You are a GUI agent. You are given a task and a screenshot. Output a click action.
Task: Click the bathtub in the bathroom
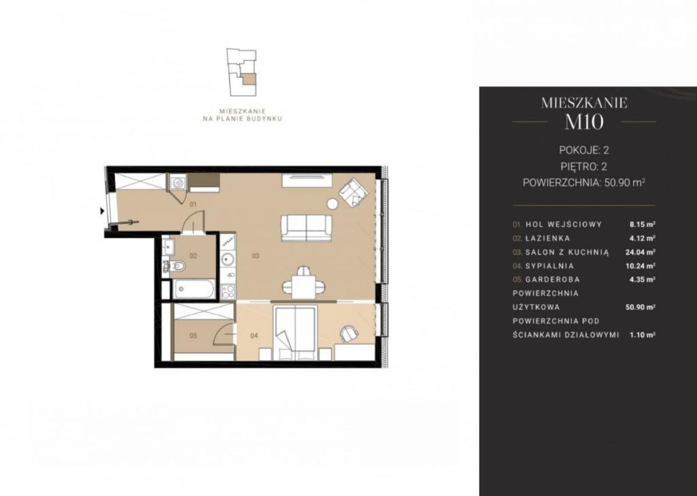click(x=194, y=289)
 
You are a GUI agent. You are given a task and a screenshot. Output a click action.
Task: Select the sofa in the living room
click(x=307, y=228)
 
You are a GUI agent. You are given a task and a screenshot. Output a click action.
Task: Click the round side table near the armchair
click(x=333, y=203)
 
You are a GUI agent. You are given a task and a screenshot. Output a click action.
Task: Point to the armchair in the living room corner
click(x=354, y=193)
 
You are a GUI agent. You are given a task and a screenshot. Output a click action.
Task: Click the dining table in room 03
click(x=304, y=285)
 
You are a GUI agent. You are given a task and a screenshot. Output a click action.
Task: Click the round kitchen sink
click(x=228, y=259)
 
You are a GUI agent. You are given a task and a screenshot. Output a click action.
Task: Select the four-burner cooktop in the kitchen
click(x=228, y=291)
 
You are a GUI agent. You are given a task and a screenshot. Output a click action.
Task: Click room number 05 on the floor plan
click(x=193, y=335)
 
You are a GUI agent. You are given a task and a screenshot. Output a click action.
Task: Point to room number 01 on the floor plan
click(x=193, y=204)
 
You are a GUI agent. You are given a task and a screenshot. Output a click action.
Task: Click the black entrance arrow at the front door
click(x=102, y=211)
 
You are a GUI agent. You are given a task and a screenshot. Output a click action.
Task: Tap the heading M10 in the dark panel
click(x=584, y=122)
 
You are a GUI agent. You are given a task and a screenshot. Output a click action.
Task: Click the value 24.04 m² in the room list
click(x=640, y=252)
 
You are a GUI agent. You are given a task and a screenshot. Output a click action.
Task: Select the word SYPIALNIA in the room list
click(x=549, y=266)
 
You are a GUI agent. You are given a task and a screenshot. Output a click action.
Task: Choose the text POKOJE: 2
click(x=583, y=150)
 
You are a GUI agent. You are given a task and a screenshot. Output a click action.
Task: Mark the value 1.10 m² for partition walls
click(x=643, y=335)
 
